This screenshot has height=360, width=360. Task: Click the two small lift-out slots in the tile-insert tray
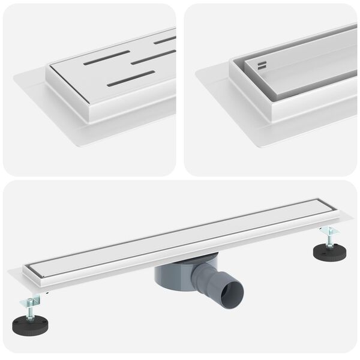262,64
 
